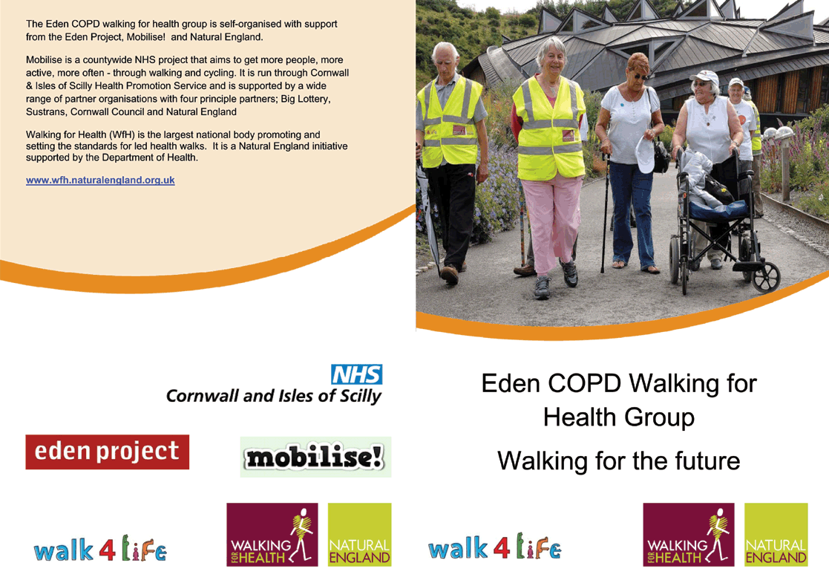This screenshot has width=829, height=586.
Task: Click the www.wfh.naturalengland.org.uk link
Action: click(100, 180)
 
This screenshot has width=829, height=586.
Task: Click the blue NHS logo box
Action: click(357, 374)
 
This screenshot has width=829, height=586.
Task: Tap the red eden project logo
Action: click(108, 452)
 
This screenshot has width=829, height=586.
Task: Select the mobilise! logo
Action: click(315, 457)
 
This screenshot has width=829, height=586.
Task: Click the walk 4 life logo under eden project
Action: click(100, 549)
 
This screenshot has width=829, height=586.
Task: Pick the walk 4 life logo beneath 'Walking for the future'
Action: click(495, 547)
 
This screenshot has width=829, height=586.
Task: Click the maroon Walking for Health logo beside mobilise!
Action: click(272, 535)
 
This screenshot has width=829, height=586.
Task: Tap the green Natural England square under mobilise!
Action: click(359, 535)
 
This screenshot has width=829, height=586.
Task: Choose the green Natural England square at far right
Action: click(776, 535)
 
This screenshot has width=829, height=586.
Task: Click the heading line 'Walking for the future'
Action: click(618, 460)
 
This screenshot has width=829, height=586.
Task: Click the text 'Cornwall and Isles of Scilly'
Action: click(274, 396)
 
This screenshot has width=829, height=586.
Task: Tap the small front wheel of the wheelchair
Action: click(766, 277)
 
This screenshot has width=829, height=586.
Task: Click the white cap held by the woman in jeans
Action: click(645, 154)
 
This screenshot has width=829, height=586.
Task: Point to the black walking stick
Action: click(605, 212)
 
